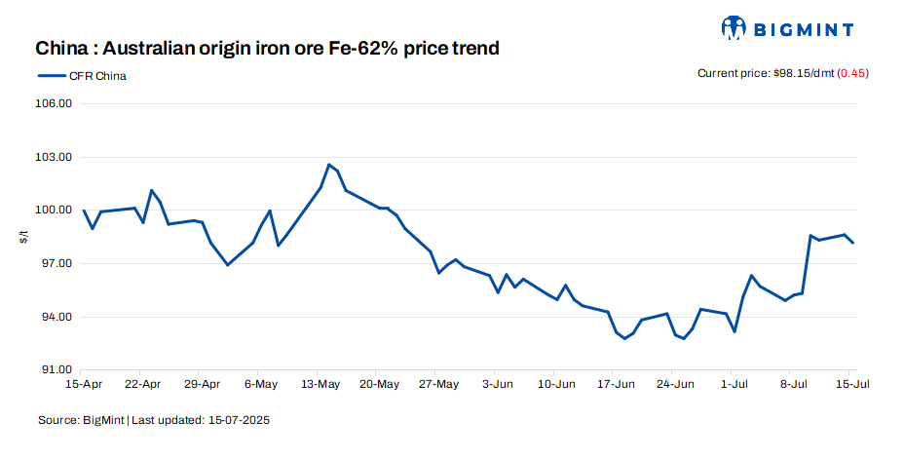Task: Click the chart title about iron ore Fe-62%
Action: coord(268,48)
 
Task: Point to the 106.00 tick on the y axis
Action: coord(54,103)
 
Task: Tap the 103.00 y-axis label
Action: coord(54,157)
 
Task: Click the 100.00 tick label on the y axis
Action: coord(54,211)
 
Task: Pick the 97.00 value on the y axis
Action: coord(54,264)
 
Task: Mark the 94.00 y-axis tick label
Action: coord(54,318)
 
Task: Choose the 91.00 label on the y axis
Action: coord(54,370)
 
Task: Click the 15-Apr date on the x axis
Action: coord(85,385)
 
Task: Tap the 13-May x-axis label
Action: coord(320,385)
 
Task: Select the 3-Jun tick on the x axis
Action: coord(497,385)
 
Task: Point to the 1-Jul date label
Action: coord(734,385)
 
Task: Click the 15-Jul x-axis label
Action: coord(851,385)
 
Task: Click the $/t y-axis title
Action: coord(24,237)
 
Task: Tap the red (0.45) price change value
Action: coord(853,74)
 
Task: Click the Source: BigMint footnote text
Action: coord(82,421)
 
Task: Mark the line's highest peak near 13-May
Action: coord(329,165)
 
